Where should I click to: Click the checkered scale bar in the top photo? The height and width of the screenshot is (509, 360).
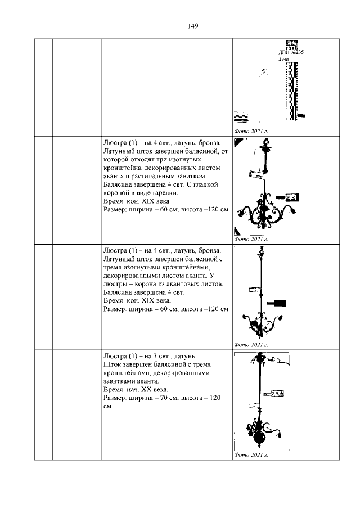point(291,90)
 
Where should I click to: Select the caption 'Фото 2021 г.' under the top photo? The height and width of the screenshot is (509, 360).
point(249,131)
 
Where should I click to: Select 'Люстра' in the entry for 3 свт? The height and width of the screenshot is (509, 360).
point(116,356)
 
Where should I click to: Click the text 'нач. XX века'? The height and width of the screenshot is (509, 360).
point(147,389)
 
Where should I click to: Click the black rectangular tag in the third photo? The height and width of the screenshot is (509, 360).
point(277,303)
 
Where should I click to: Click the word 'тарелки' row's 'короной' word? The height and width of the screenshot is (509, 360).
point(118,192)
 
